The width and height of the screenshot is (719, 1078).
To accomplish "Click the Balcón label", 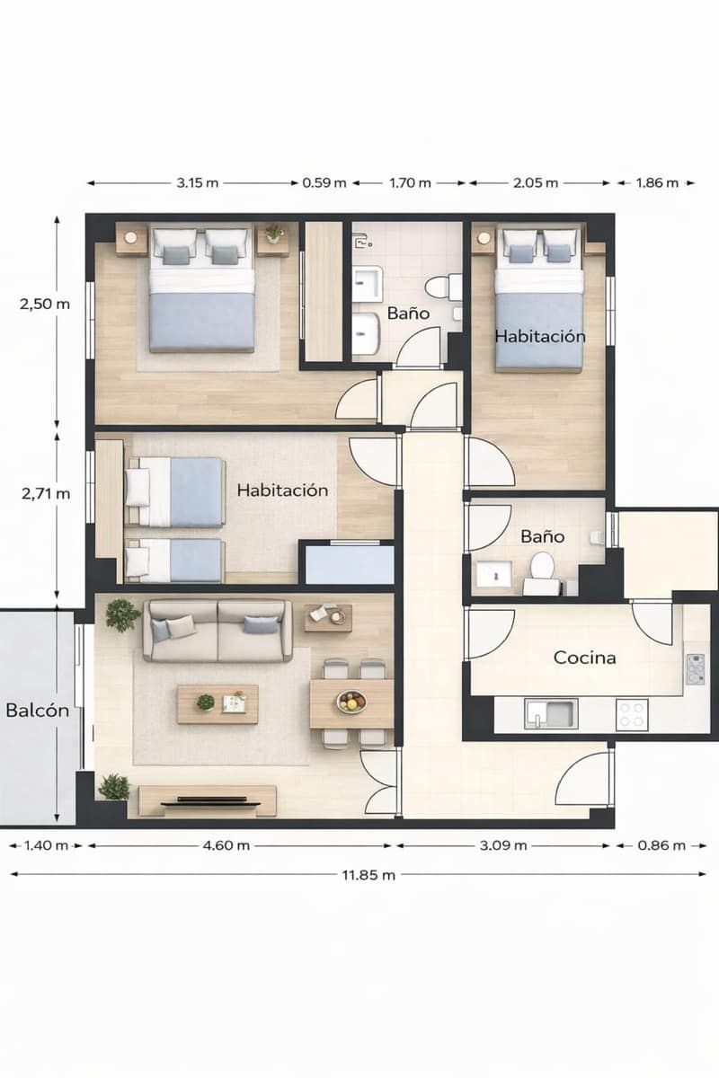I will coord(37,710).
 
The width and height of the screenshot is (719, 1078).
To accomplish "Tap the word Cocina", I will coord(585,658).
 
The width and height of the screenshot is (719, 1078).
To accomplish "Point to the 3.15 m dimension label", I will coord(197,182).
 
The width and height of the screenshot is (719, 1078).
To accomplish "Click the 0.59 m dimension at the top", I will coord(324,182).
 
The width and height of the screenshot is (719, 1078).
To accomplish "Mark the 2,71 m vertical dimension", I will coord(44,492).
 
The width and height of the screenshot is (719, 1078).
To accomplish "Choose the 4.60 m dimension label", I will coord(227,845).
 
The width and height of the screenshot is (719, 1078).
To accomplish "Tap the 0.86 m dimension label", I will coord(662,845).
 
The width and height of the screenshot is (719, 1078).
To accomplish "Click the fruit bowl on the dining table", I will coord(351,701).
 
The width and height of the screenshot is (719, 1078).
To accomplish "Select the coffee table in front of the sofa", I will coord(217,703).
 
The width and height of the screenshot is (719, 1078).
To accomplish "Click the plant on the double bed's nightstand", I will coord(274,233).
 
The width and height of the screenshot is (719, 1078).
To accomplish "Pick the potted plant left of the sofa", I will coord(122,616).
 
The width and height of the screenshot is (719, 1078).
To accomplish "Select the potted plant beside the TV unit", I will coord(113,787).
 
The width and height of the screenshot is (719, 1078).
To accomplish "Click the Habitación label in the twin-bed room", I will coord(282,490).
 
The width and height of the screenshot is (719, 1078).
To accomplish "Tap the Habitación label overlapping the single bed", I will coord(540,336).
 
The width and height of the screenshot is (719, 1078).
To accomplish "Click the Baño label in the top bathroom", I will coord(408,314).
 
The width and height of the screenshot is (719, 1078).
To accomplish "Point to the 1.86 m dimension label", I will coord(656,182).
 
